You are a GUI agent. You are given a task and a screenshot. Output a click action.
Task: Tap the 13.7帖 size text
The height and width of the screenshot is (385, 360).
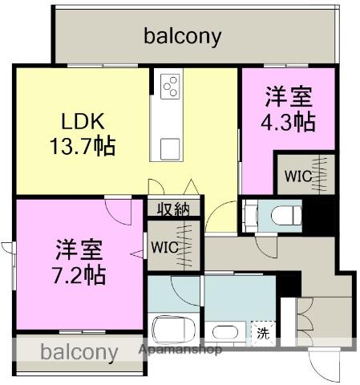click(x=83, y=147)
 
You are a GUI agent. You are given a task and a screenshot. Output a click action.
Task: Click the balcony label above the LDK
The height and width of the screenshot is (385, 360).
click(x=183, y=36)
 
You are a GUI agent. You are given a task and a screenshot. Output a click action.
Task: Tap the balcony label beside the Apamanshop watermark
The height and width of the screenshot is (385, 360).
click(x=79, y=352)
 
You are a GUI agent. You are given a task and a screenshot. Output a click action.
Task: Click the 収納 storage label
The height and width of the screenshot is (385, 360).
click(x=172, y=210)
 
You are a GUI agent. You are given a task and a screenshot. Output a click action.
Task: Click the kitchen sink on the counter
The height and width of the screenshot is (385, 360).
click(x=170, y=148)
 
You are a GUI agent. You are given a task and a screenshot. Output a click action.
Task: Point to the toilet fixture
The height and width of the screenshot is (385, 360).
click(x=281, y=216)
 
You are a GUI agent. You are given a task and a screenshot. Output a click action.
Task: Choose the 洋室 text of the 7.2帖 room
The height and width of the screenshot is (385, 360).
click(x=79, y=246)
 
